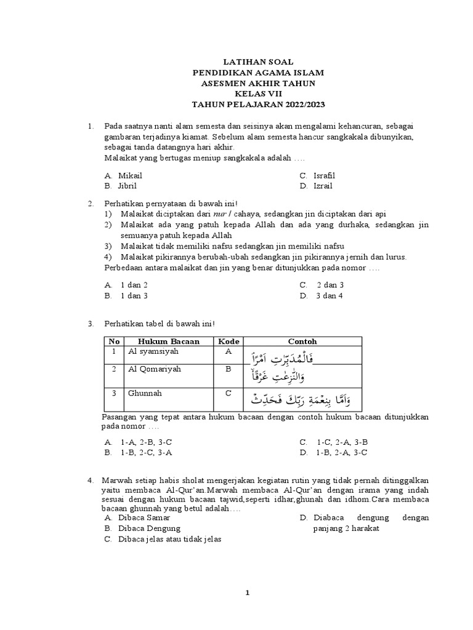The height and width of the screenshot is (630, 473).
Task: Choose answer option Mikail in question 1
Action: pyautogui.click(x=130, y=176)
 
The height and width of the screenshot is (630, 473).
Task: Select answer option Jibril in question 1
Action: pyautogui.click(x=127, y=186)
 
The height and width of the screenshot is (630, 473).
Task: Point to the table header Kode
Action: pyautogui.click(x=228, y=341)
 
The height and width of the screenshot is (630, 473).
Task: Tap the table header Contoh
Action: pyautogui.click(x=302, y=341)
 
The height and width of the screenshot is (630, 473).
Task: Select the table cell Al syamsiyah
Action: pyautogui.click(x=150, y=351)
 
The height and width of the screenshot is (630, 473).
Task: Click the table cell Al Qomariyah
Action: pyautogui.click(x=150, y=369)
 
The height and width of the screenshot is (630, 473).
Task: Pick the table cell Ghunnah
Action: pyautogui.click(x=143, y=392)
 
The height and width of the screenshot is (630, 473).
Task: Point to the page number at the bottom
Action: pyautogui.click(x=247, y=593)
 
